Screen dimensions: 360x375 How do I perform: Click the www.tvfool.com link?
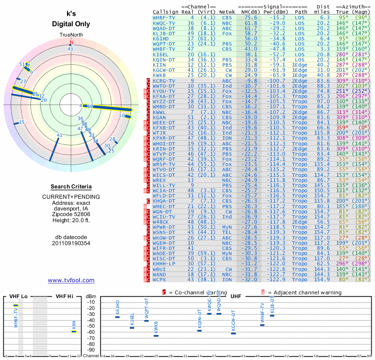pos(71,280)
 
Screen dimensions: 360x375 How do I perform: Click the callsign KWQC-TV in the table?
pos(164,22)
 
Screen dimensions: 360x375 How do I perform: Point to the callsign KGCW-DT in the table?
pos(164,69)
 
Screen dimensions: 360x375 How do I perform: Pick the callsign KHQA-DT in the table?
pos(164,200)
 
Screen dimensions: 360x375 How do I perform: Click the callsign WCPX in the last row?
pos(159,279)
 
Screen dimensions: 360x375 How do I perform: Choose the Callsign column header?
pos(165,12)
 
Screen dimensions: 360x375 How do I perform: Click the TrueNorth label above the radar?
pos(71,35)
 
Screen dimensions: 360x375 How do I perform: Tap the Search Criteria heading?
pos(71,187)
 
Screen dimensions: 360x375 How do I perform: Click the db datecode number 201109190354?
pos(71,243)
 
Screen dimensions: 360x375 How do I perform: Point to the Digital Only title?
pos(71,24)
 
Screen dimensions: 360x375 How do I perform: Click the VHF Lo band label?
pos(18,296)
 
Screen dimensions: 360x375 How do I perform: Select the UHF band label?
pos(235,296)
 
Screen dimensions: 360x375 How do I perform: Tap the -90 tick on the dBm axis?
pos(90,350)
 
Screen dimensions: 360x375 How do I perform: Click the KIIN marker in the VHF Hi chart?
pos(74,331)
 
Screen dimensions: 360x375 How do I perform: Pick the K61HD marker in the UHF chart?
pos(118,317)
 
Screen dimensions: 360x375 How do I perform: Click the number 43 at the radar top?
pos(70,48)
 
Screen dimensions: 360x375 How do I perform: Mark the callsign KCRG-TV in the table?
pos(164,80)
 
